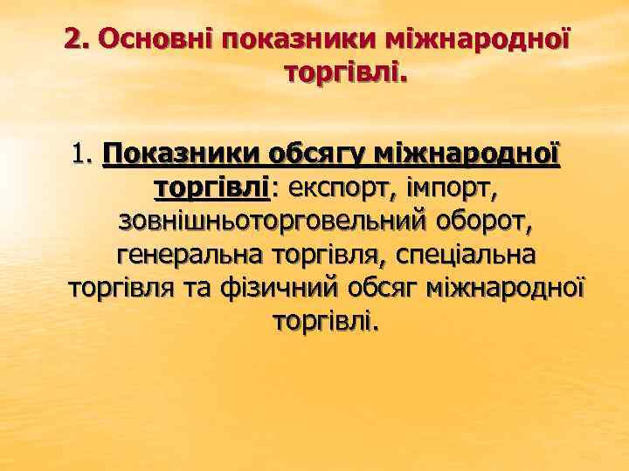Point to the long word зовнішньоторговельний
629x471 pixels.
click(x=271, y=222)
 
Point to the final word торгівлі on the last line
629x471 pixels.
click(x=326, y=322)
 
